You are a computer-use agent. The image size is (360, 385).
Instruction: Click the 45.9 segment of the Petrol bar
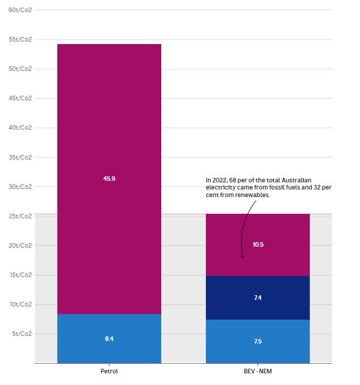[109, 127]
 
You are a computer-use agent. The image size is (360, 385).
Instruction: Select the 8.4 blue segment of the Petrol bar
[109, 350]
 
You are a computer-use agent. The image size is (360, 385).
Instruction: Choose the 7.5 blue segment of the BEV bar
[258, 352]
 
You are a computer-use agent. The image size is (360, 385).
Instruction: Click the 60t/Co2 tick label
[20, 10]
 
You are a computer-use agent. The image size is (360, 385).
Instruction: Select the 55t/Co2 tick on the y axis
[20, 40]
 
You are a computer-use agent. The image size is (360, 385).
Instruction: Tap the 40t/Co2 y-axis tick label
[20, 128]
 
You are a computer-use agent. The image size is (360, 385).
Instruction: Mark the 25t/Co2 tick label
[20, 216]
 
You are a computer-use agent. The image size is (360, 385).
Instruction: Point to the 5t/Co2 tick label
[22, 334]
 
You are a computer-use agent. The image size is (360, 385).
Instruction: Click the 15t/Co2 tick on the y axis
[20, 275]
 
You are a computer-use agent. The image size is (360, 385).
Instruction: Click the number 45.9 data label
[109, 179]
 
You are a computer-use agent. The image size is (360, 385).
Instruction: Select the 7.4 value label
[258, 298]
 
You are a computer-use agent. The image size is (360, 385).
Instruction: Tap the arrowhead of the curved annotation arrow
[243, 257]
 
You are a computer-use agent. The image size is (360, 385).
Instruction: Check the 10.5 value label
[258, 245]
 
